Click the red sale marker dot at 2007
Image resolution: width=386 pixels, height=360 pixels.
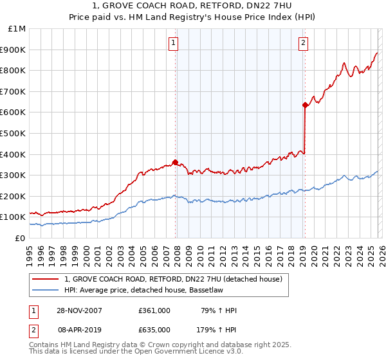[175, 163]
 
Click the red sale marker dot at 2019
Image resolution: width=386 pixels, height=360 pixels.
[304, 105]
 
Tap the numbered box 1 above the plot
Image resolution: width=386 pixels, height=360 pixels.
[174, 44]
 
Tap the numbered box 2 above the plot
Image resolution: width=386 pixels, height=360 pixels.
[302, 44]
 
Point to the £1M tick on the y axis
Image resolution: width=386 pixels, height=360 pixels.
[17, 28]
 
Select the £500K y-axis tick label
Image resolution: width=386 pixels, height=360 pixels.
[14, 133]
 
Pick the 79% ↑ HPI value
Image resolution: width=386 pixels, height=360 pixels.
[219, 310]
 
